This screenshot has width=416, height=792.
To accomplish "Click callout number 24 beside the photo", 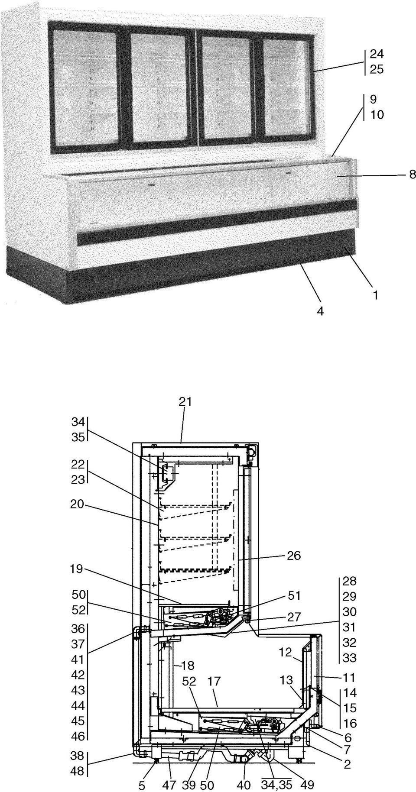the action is pos(377,54).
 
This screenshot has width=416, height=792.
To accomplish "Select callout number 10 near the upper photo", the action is pos(377,115).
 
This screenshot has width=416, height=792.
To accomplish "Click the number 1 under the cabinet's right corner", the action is pos(375,295).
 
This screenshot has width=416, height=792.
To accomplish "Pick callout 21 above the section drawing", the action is pos(185,401).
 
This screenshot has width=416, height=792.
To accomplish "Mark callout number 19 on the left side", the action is pos(77,569).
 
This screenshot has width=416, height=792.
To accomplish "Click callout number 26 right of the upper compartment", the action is pos(293,556).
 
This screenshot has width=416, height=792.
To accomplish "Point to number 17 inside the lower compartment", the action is pos(214,682).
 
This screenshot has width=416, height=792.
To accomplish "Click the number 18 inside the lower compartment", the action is pos(188,665).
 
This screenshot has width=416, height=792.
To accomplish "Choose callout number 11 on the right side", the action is pos(349,677).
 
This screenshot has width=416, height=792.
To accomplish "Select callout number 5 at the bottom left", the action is pos(142,783).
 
